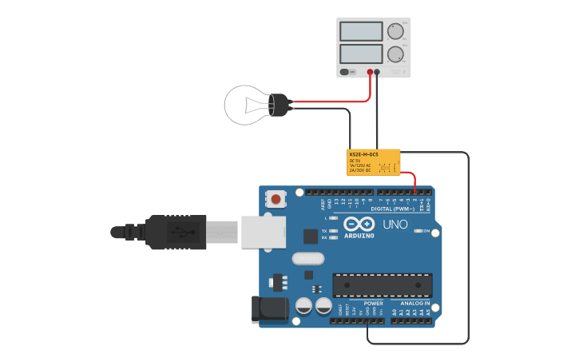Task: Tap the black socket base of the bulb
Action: (x=279, y=105)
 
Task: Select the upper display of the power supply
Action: (x=361, y=31)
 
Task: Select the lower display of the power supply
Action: (x=361, y=54)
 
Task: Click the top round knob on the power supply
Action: (x=395, y=31)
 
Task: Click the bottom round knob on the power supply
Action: (x=395, y=54)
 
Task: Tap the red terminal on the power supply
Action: (x=370, y=72)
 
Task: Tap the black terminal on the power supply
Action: (x=378, y=72)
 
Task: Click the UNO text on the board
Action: (x=395, y=225)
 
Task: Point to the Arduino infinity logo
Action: (x=359, y=225)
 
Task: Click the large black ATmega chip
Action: (x=383, y=285)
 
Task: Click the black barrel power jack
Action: (x=269, y=310)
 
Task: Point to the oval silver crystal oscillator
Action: (x=308, y=258)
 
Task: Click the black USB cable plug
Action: (x=176, y=232)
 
